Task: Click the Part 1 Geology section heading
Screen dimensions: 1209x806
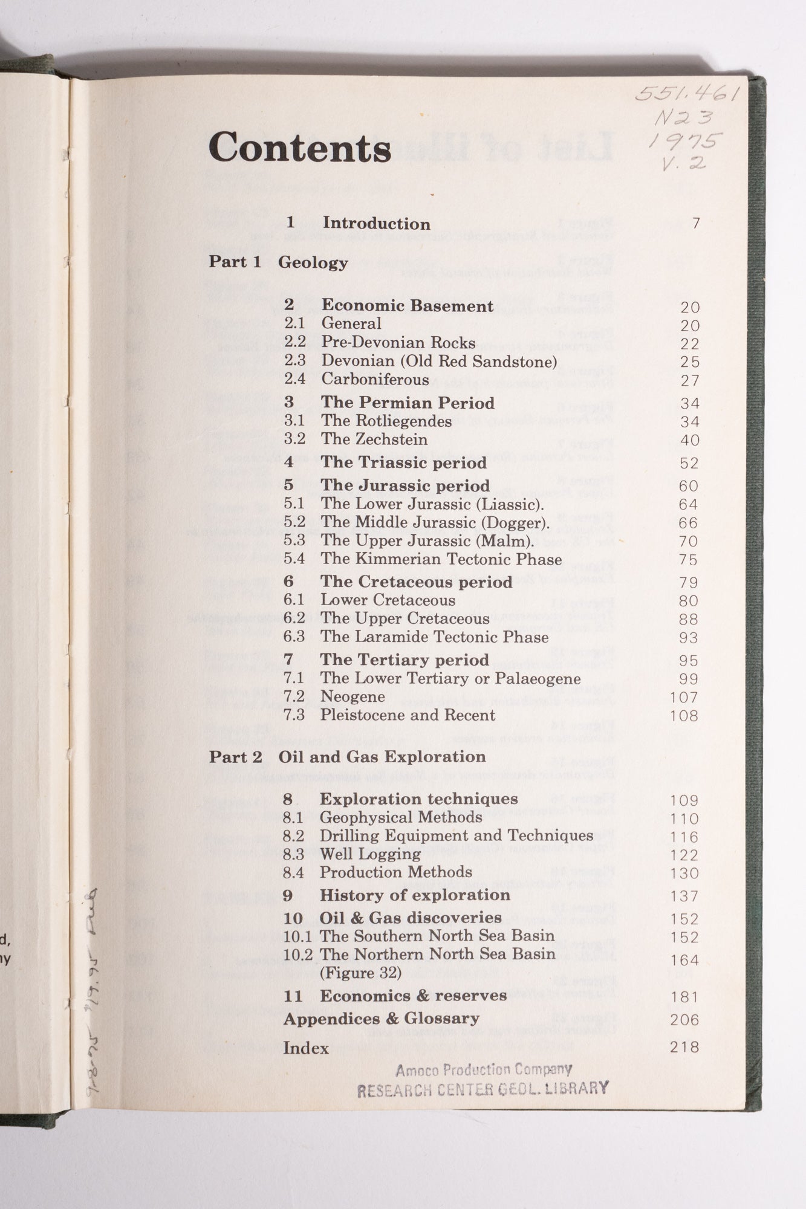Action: [278, 262]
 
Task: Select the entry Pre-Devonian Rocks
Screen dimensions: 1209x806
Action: [398, 343]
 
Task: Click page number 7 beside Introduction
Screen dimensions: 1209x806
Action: [696, 224]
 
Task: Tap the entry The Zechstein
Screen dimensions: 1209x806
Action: [374, 439]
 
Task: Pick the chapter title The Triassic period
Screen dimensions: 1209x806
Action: [403, 463]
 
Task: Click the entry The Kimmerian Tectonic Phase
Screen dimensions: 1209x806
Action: [441, 559]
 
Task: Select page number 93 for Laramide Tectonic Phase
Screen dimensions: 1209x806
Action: [688, 638]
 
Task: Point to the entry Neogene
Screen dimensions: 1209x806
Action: [353, 697]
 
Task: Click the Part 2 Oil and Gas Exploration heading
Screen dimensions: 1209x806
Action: [347, 757]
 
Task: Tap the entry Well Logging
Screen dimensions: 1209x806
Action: [370, 854]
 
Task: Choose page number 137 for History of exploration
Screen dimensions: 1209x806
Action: [684, 896]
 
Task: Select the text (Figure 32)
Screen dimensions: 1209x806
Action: [360, 973]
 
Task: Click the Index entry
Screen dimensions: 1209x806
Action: [306, 1048]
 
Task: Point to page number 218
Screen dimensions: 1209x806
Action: [684, 1047]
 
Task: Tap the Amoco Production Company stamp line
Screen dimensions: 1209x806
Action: [484, 1071]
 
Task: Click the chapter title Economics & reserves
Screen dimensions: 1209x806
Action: [413, 996]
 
